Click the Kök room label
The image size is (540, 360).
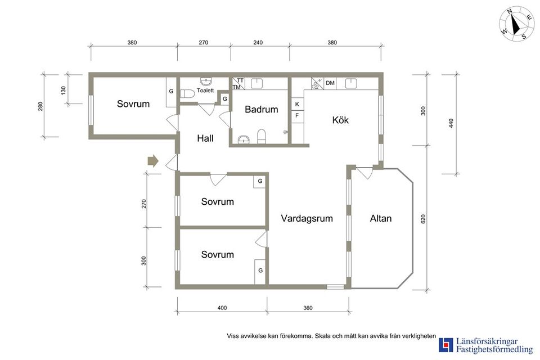pyautogui.click(x=340, y=120)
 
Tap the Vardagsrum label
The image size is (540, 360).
pyautogui.click(x=307, y=219)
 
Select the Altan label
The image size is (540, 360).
pyautogui.click(x=381, y=219)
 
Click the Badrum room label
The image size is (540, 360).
pyautogui.click(x=261, y=110)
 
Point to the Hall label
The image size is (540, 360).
pyautogui.click(x=205, y=138)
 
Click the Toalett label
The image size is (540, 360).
pyautogui.click(x=205, y=90)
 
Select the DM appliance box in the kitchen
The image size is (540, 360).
pyautogui.click(x=330, y=83)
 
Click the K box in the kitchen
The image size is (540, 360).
pyautogui.click(x=297, y=104)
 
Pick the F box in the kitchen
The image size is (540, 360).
pyautogui.click(x=297, y=116)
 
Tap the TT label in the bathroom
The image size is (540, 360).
pyautogui.click(x=240, y=80)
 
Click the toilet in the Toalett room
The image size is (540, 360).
pyautogui.click(x=187, y=93)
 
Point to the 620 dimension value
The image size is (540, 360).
pyautogui.click(x=423, y=220)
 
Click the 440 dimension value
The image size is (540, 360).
pyautogui.click(x=451, y=123)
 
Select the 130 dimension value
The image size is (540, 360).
pyautogui.click(x=64, y=90)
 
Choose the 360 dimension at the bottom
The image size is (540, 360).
pyautogui.click(x=308, y=308)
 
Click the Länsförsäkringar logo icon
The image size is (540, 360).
pyautogui.click(x=445, y=345)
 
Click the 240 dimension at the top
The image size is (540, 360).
pyautogui.click(x=258, y=43)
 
